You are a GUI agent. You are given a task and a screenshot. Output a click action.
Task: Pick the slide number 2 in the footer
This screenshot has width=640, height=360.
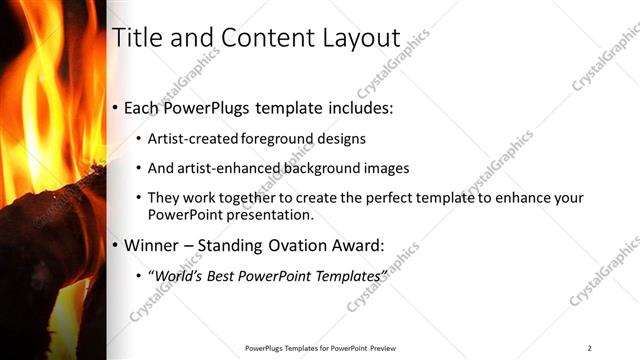click(x=589, y=348)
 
